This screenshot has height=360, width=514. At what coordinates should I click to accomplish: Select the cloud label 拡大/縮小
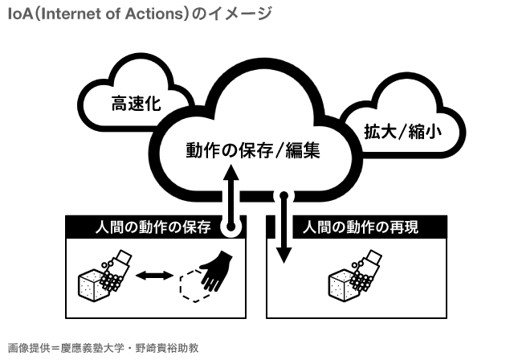click(x=402, y=129)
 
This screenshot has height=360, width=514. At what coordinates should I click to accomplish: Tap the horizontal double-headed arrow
click(x=154, y=276)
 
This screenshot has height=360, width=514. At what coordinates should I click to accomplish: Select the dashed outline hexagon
click(x=194, y=284)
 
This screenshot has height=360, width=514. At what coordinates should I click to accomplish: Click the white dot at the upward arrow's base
click(x=231, y=227)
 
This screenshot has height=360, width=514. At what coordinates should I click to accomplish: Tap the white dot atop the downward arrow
click(x=283, y=195)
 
